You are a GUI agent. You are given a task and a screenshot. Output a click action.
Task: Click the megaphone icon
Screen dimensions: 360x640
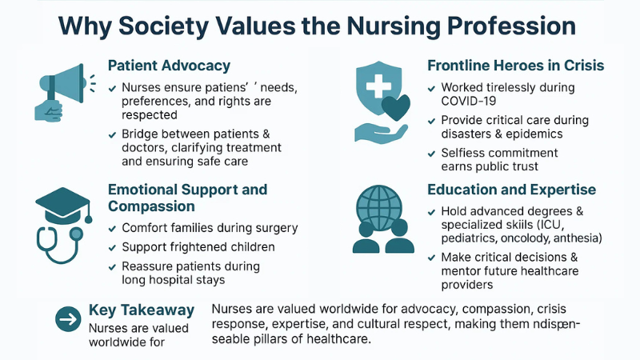pyautogui.click(x=60, y=89)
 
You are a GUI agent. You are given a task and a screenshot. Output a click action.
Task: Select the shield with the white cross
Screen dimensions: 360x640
pyautogui.click(x=378, y=90)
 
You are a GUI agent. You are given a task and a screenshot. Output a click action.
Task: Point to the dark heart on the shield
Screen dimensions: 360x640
pyautogui.click(x=397, y=106)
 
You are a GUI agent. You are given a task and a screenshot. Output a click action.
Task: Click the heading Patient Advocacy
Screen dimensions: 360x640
pyautogui.click(x=169, y=66)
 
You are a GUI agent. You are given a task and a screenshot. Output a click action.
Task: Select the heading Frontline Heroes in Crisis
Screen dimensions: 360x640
pyautogui.click(x=515, y=66)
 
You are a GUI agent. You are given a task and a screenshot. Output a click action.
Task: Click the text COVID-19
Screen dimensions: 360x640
pyautogui.click(x=470, y=102)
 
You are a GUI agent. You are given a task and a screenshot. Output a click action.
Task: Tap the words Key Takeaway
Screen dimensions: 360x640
pyautogui.click(x=142, y=310)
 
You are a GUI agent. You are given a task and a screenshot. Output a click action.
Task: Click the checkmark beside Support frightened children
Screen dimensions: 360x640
pyautogui.click(x=112, y=248)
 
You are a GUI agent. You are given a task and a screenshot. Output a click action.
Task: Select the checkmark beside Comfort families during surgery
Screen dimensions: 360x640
pyautogui.click(x=112, y=229)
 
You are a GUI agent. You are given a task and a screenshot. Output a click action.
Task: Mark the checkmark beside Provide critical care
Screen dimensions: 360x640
pyautogui.click(x=433, y=121)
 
